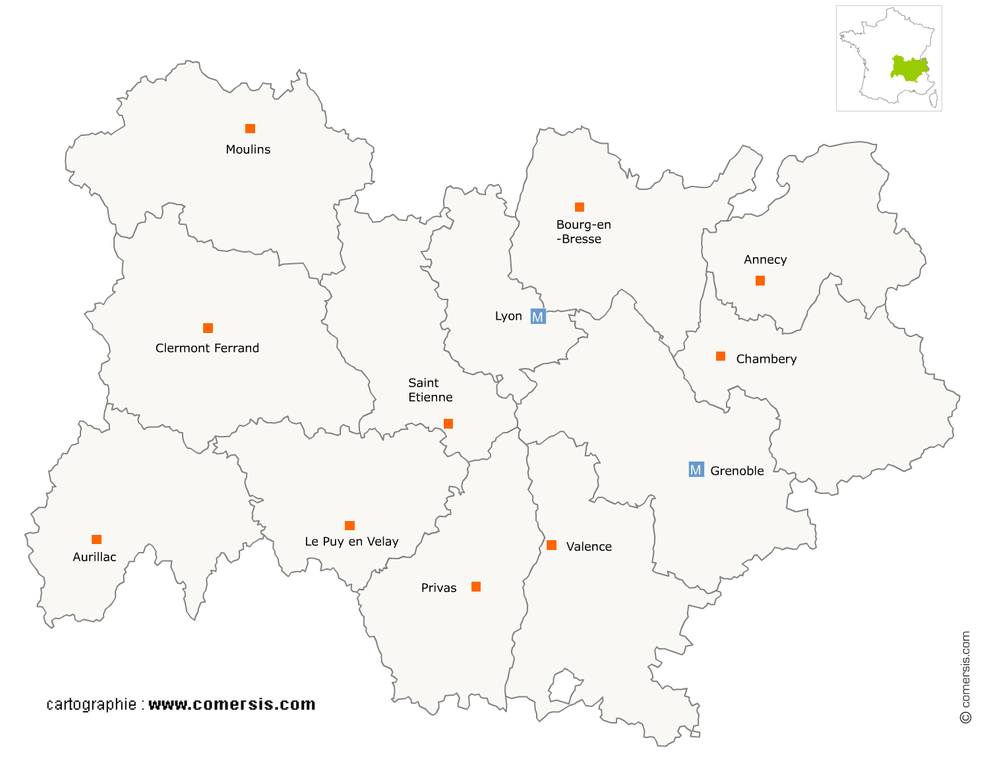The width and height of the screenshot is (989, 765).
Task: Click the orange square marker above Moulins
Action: coord(250,129)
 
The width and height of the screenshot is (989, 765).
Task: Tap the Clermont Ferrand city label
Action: coord(207,348)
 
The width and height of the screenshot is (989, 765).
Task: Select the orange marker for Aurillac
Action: coord(97,539)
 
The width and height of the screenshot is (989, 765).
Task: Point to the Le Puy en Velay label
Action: coord(351,541)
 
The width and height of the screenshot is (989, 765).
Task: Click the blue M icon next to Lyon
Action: coord(538,317)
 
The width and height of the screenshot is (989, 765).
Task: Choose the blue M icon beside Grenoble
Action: coord(696,470)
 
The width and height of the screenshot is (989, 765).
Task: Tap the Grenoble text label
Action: coord(737,471)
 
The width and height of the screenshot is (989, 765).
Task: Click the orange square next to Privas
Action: coord(476,587)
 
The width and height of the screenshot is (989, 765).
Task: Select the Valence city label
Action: coord(589,547)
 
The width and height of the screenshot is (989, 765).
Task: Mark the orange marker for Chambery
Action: coord(721,357)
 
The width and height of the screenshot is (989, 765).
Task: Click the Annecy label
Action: coord(765,260)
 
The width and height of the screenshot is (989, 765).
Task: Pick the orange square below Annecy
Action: coord(760,281)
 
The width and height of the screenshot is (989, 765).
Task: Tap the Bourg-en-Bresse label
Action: coord(583,232)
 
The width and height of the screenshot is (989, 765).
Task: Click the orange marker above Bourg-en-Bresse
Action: coord(580,207)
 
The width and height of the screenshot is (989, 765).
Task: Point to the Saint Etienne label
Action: coord(430,390)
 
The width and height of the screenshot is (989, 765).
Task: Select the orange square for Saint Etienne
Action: coord(448,423)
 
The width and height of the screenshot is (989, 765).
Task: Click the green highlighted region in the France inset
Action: coord(909,69)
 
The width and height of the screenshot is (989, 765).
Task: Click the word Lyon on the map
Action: coord(508,317)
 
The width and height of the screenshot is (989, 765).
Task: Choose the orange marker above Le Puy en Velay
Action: coord(350,526)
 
